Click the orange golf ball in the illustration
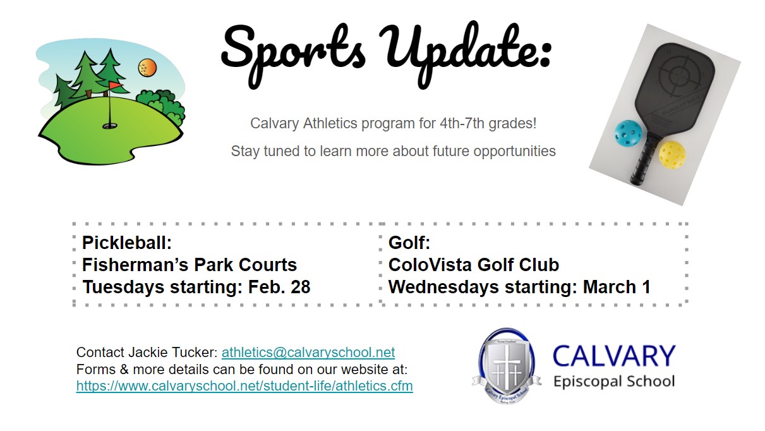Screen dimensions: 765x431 click(x=147, y=67)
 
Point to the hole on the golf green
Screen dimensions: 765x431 click(x=110, y=126)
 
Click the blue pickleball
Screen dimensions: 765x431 click(x=628, y=133)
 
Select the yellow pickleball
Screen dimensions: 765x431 click(x=672, y=155)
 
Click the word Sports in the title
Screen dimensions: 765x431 click(x=294, y=51)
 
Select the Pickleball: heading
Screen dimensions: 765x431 click(x=127, y=243)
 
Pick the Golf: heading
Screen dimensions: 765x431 click(x=409, y=243)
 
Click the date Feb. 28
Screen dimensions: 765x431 click(x=279, y=287)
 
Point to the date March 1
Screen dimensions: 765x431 click(x=617, y=287)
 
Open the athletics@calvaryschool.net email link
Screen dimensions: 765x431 click(x=308, y=352)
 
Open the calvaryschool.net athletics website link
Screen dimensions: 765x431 click(x=244, y=386)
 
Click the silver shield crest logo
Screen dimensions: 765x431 click(x=507, y=366)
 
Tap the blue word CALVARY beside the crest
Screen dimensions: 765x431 click(x=614, y=356)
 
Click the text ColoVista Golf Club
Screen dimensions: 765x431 click(x=474, y=265)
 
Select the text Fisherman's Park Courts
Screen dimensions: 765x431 click(x=190, y=265)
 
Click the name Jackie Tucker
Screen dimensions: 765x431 click(x=173, y=352)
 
